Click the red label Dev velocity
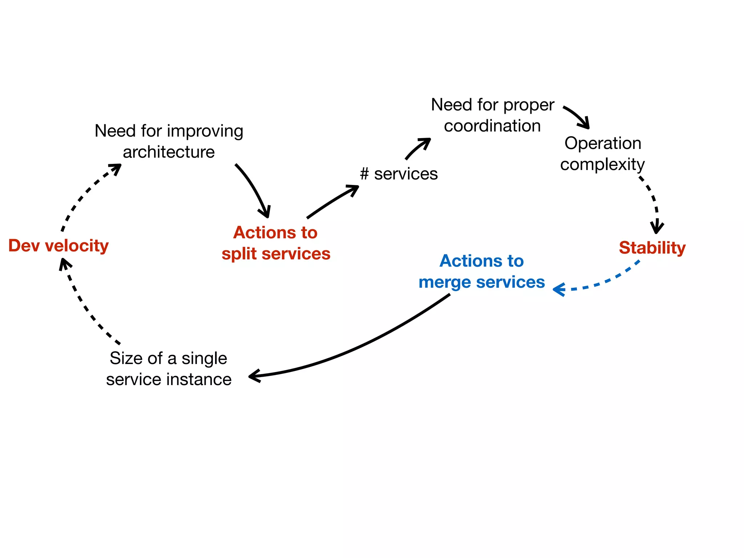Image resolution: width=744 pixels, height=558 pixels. pos(58,246)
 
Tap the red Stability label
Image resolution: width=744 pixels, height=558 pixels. pos(652,248)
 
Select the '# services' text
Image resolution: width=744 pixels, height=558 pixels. pos(399,174)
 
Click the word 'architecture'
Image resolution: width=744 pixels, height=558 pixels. pos(169,152)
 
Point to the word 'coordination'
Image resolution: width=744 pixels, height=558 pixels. pos(492,126)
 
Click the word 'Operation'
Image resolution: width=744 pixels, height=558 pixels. pos(603,143)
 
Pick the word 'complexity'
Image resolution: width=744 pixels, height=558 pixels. pos(602,165)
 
